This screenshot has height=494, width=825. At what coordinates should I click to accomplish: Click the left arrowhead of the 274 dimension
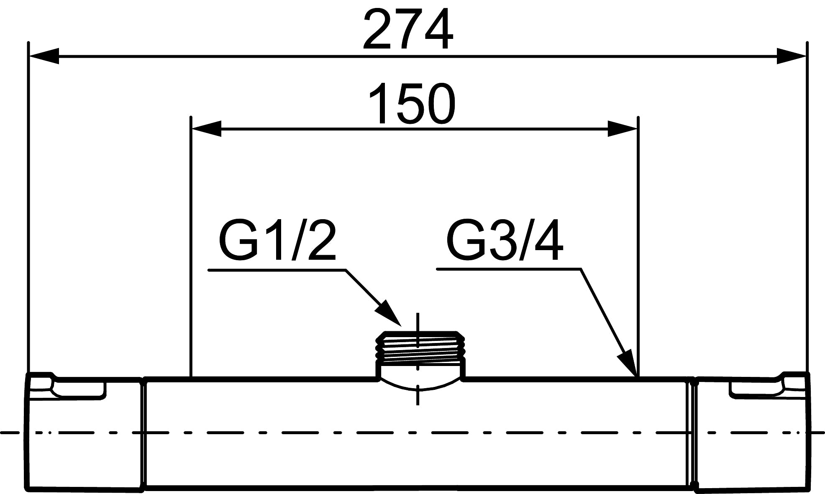pos(44,56)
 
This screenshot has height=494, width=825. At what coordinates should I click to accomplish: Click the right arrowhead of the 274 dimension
pos(791,56)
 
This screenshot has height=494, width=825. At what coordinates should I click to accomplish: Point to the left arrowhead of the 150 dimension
pos(206,129)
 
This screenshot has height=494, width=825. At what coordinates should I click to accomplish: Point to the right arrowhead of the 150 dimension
pos(622,129)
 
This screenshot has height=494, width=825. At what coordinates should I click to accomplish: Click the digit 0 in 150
pos(439,104)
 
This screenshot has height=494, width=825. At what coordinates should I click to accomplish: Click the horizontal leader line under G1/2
pos(276,270)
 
